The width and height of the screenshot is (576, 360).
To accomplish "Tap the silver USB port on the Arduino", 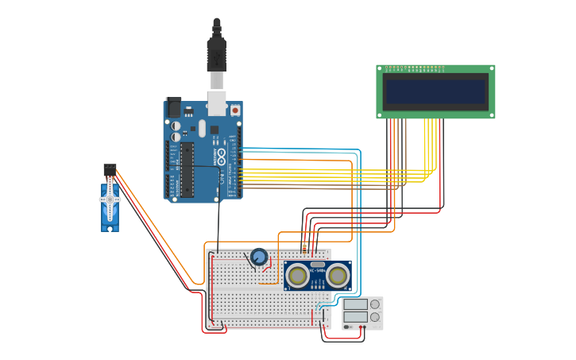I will click(216, 104).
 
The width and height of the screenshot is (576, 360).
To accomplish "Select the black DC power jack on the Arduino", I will click(172, 107).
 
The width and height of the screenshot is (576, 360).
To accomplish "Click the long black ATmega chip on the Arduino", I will click(187, 169).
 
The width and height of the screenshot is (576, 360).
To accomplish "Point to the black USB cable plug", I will click(216, 52).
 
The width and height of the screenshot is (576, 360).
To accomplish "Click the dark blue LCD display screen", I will click(435, 92).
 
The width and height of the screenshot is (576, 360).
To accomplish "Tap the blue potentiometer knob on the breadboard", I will click(258, 257).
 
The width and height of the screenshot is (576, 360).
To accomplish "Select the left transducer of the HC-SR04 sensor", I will click(298, 276).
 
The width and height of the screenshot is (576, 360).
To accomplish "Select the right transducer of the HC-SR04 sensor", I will click(338, 276).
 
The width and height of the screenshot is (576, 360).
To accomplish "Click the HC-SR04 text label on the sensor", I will click(318, 271).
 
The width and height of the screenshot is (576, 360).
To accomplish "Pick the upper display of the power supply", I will click(355, 304).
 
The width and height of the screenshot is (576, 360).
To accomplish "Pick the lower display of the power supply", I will click(355, 317).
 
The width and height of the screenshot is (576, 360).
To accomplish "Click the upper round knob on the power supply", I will click(374, 304).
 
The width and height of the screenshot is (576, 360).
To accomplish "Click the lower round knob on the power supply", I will click(374, 317).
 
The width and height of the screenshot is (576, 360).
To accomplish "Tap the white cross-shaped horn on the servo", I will click(110, 199).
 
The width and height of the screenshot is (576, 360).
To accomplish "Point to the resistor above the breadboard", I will click(304, 247).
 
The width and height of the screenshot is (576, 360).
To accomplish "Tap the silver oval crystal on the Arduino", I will click(202, 128).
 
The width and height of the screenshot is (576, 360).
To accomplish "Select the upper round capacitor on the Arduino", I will click(176, 126).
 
